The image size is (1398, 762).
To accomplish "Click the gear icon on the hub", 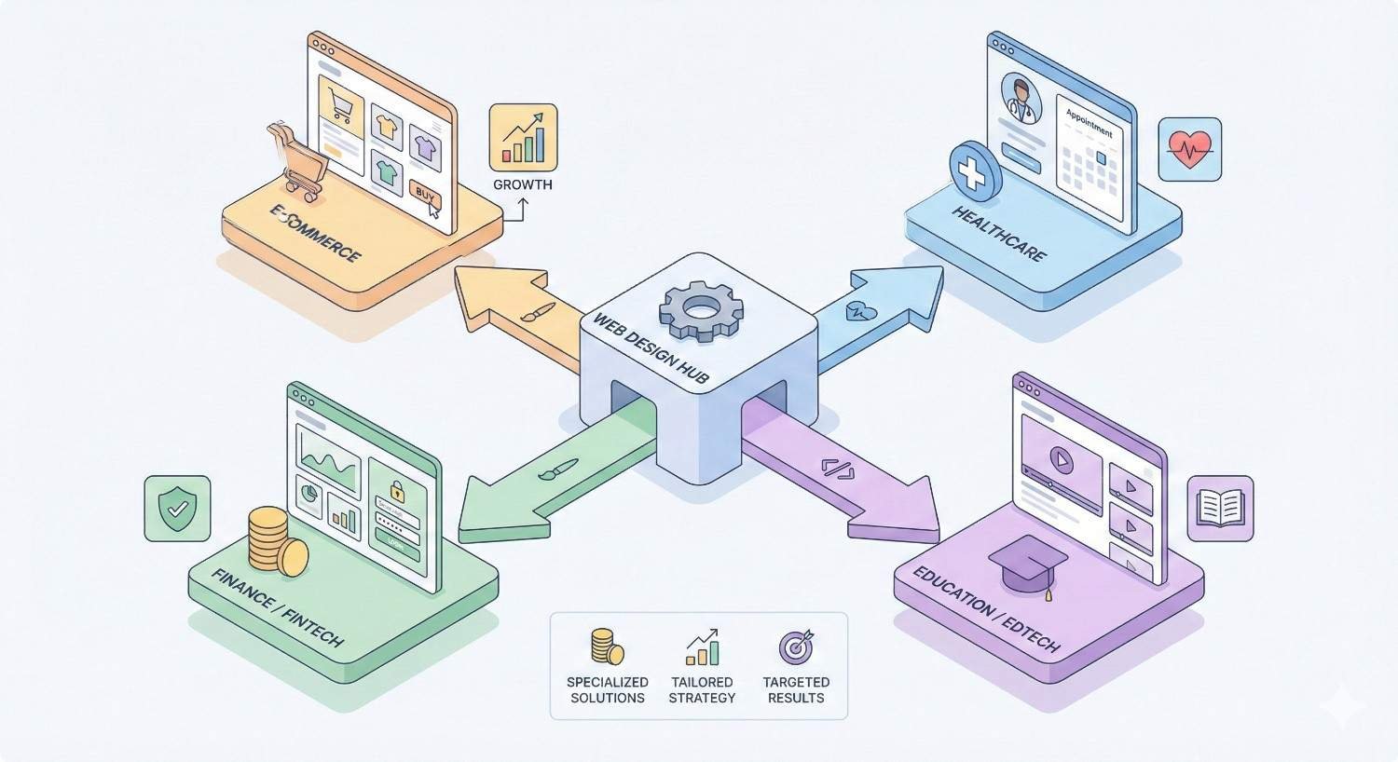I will coord(702,309).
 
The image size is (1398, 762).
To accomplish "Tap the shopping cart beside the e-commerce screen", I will coord(294,158).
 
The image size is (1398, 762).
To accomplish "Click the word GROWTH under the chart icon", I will coord(523,184).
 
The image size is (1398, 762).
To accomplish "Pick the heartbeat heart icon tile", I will coord(1189,149).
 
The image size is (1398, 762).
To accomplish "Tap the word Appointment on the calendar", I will coord(1089,123).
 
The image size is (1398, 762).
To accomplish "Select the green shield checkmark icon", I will coord(177,509).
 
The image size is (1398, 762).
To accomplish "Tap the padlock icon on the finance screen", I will coord(396,489).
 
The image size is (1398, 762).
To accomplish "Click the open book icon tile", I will coord(1220,509).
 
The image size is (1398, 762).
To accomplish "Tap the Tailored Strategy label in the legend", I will coord(702,689).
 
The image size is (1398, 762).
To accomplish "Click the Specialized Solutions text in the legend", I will coord(607,689).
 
